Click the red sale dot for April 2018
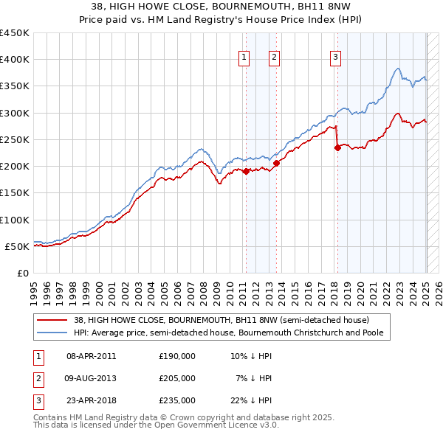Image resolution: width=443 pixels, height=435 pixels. tap(337, 147)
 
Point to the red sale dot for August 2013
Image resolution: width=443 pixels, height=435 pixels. tap(276, 163)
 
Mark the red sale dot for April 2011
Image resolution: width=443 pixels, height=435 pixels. tap(246, 171)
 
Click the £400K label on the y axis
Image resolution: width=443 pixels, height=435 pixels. tap(15, 60)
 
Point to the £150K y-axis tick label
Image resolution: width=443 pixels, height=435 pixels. tap(15, 193)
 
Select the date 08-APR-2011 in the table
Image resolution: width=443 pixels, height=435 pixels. tap(92, 356)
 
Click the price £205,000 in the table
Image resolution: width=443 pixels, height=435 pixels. tap(177, 378)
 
